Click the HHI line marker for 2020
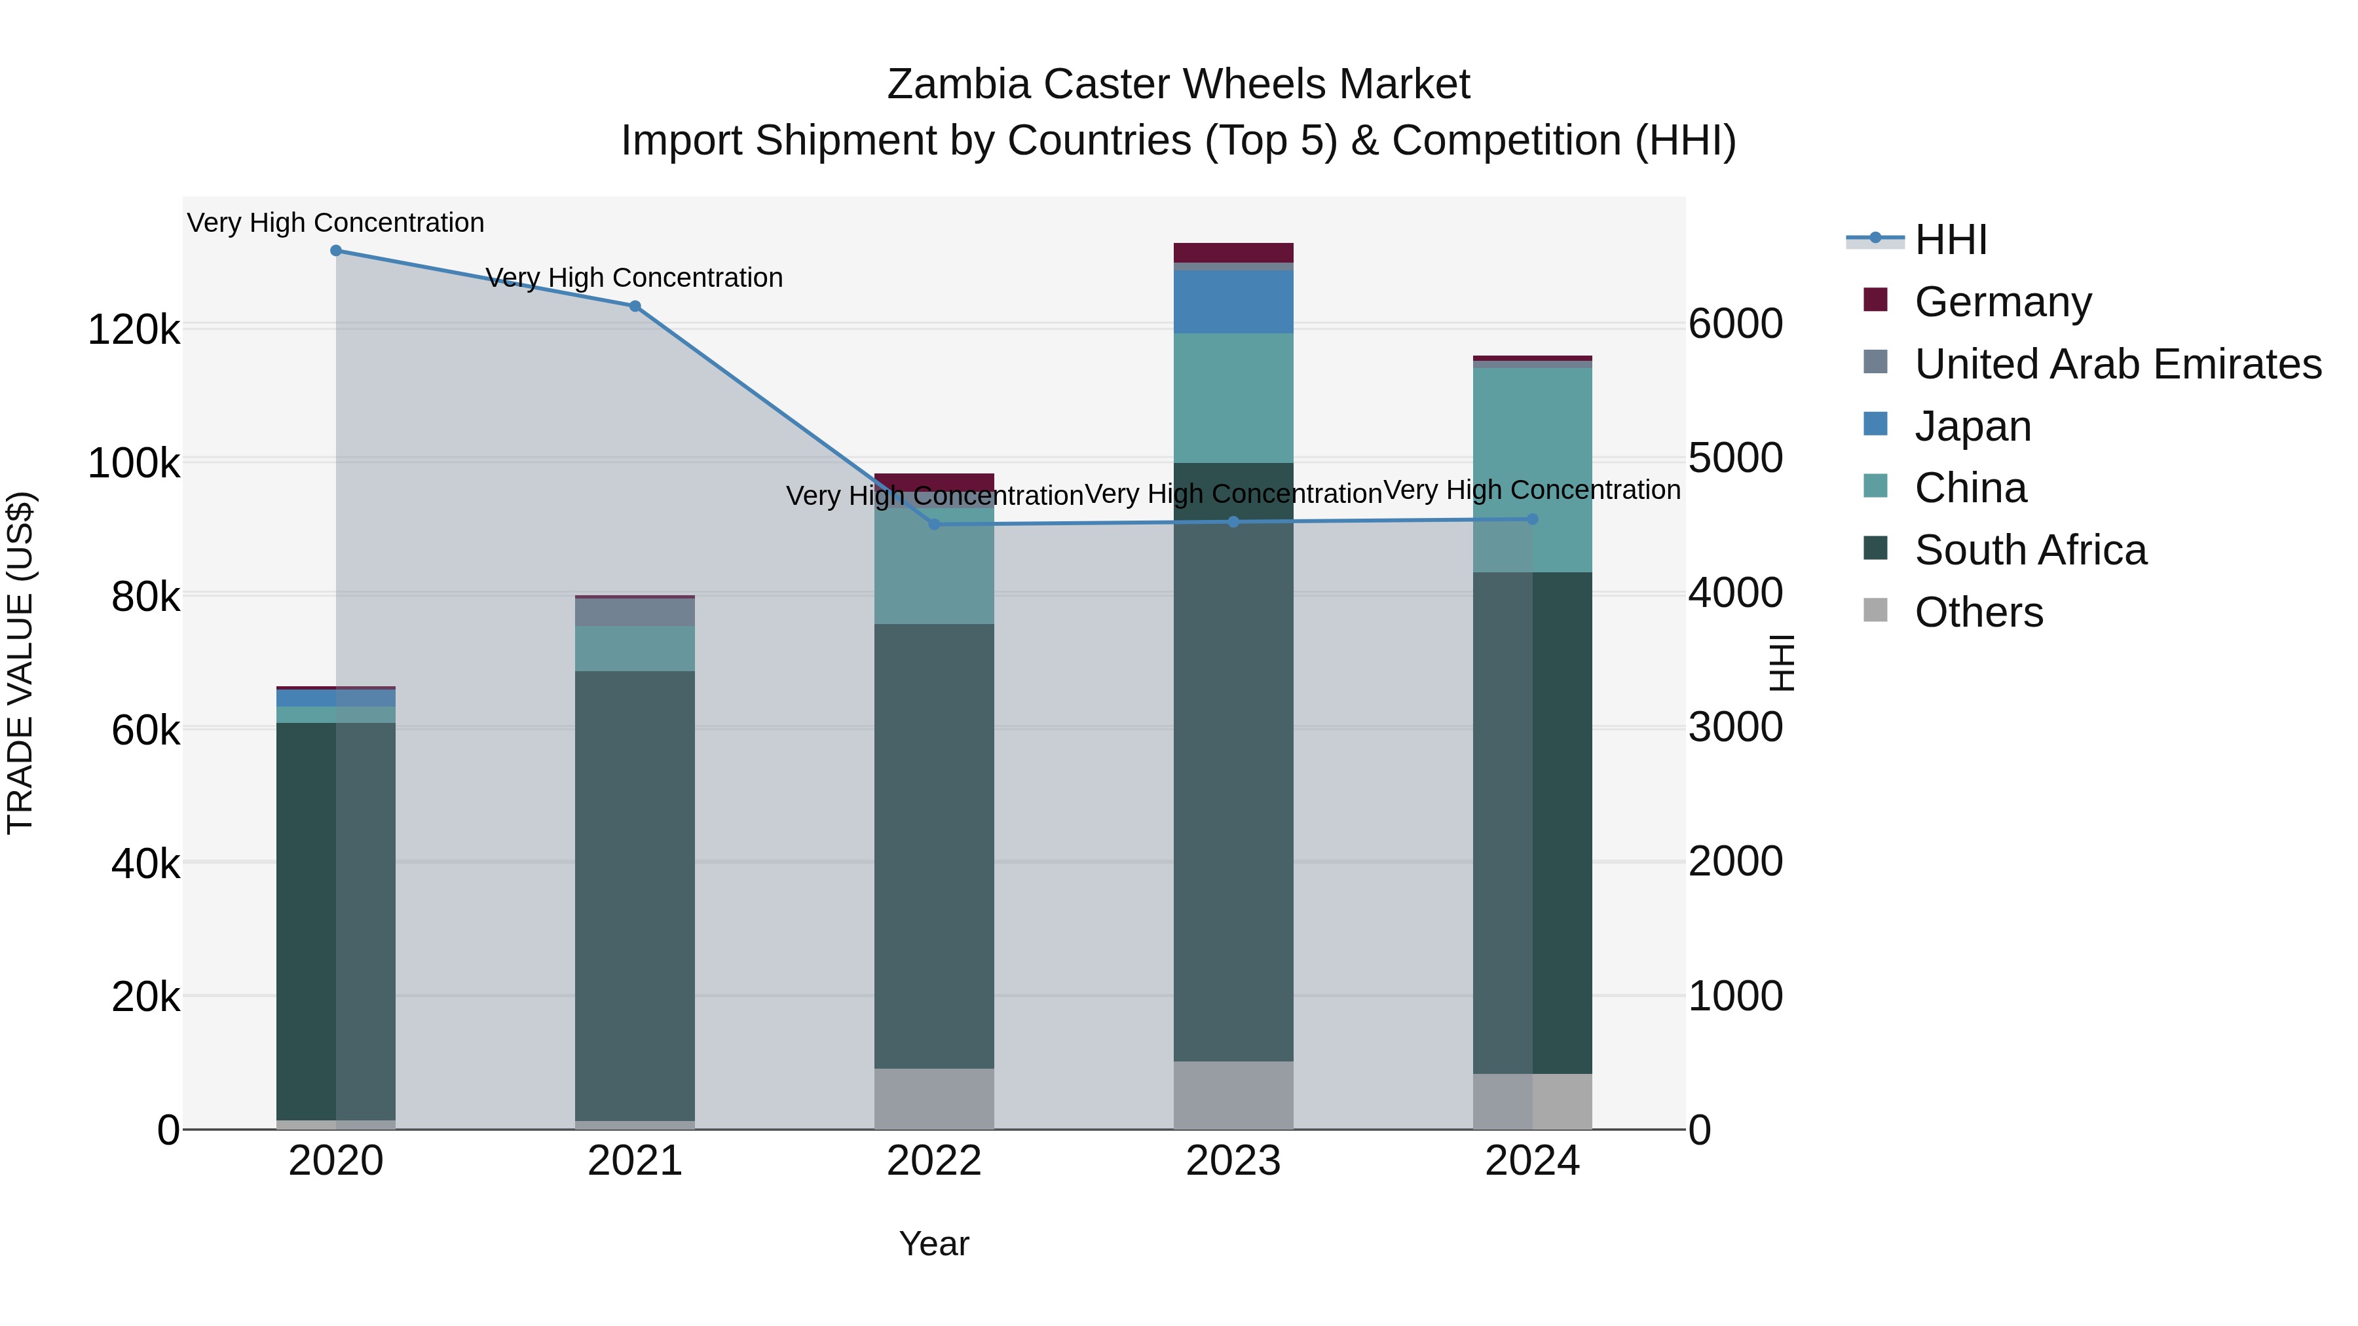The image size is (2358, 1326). click(x=336, y=251)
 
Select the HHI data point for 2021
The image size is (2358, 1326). click(x=635, y=306)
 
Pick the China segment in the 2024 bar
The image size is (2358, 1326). click(x=1562, y=467)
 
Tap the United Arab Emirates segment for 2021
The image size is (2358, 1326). click(x=635, y=612)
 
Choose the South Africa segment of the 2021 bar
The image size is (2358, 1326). click(x=635, y=897)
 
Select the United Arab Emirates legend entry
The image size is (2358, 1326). click(x=2117, y=364)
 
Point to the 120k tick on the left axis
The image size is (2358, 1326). click(x=134, y=329)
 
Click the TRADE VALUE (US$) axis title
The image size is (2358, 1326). click(x=20, y=663)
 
